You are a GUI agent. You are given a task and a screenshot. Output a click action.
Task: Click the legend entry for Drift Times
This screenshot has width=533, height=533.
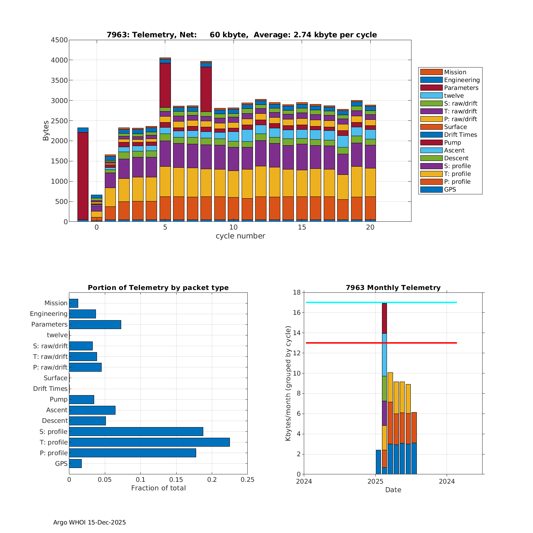pyautogui.click(x=460, y=135)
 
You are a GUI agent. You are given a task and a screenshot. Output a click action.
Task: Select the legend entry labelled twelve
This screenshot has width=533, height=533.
pyautogui.click(x=453, y=96)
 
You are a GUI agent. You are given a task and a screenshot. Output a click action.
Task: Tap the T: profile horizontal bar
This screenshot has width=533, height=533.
pyautogui.click(x=149, y=442)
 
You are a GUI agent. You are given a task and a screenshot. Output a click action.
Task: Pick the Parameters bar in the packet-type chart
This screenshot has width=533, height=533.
pyautogui.click(x=95, y=324)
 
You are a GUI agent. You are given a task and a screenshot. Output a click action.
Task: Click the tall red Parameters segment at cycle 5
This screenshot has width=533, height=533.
pyautogui.click(x=165, y=85)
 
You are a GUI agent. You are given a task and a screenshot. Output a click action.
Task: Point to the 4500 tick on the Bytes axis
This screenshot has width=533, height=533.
pyautogui.click(x=59, y=40)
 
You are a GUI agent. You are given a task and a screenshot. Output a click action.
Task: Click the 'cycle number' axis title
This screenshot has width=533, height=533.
pyautogui.click(x=240, y=236)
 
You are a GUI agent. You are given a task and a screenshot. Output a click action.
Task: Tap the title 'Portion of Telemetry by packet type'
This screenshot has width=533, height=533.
pyautogui.click(x=158, y=287)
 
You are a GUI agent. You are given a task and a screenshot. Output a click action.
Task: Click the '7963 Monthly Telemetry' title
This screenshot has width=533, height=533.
pyautogui.click(x=393, y=287)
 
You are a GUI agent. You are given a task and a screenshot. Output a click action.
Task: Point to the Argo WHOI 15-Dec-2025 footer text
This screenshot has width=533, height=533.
pyautogui.click(x=90, y=522)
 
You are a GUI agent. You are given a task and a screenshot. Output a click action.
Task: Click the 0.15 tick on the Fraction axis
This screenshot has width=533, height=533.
pyautogui.click(x=176, y=480)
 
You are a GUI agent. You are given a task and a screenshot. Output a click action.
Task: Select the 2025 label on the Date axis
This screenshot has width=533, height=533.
pyautogui.click(x=375, y=481)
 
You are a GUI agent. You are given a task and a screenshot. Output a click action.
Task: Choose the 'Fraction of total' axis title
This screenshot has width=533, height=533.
pyautogui.click(x=158, y=488)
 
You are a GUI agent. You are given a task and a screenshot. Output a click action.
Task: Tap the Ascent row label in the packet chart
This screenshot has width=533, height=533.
pyautogui.click(x=57, y=410)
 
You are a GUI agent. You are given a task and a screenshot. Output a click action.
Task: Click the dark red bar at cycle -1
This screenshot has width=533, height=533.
pyautogui.click(x=83, y=176)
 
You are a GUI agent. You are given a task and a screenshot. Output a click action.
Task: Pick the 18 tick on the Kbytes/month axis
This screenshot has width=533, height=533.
pyautogui.click(x=296, y=292)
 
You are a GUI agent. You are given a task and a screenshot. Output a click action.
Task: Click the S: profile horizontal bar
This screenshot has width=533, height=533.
pyautogui.click(x=136, y=431)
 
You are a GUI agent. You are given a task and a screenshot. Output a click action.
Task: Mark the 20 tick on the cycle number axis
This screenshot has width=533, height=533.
pyautogui.click(x=370, y=227)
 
